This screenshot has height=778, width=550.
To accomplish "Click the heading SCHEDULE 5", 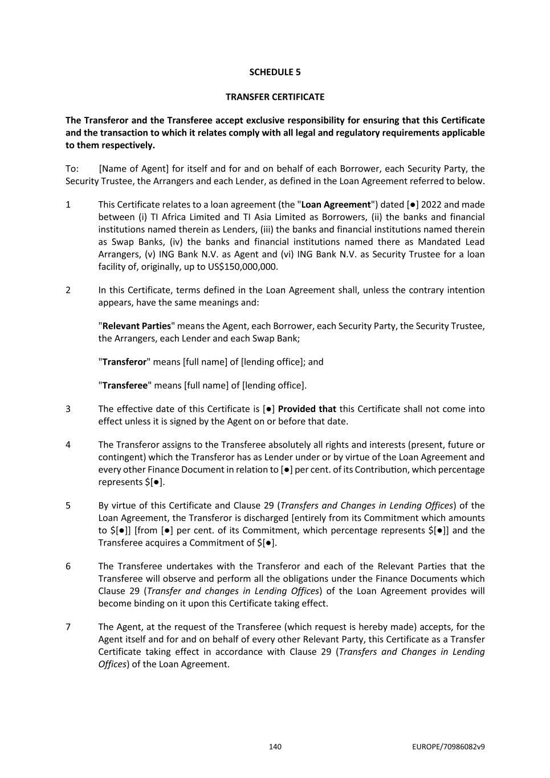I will point(275,72).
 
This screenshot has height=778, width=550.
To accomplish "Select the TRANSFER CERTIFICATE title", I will point(275,97).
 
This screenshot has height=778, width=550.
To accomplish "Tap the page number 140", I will point(275,747).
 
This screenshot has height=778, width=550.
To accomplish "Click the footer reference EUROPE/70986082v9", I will point(448,747).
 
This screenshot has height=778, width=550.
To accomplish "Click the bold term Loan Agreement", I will point(336,205).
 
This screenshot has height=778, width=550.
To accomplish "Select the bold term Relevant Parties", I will point(136,326).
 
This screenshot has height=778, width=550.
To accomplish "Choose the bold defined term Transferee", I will point(125,385).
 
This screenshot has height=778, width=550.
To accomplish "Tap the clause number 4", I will point(68,445).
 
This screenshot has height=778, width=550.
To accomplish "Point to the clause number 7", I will point(68,627).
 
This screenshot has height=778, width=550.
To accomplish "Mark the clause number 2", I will point(68,290).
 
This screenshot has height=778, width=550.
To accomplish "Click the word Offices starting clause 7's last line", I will point(112,665).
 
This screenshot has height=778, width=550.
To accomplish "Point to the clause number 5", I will point(68,506).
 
